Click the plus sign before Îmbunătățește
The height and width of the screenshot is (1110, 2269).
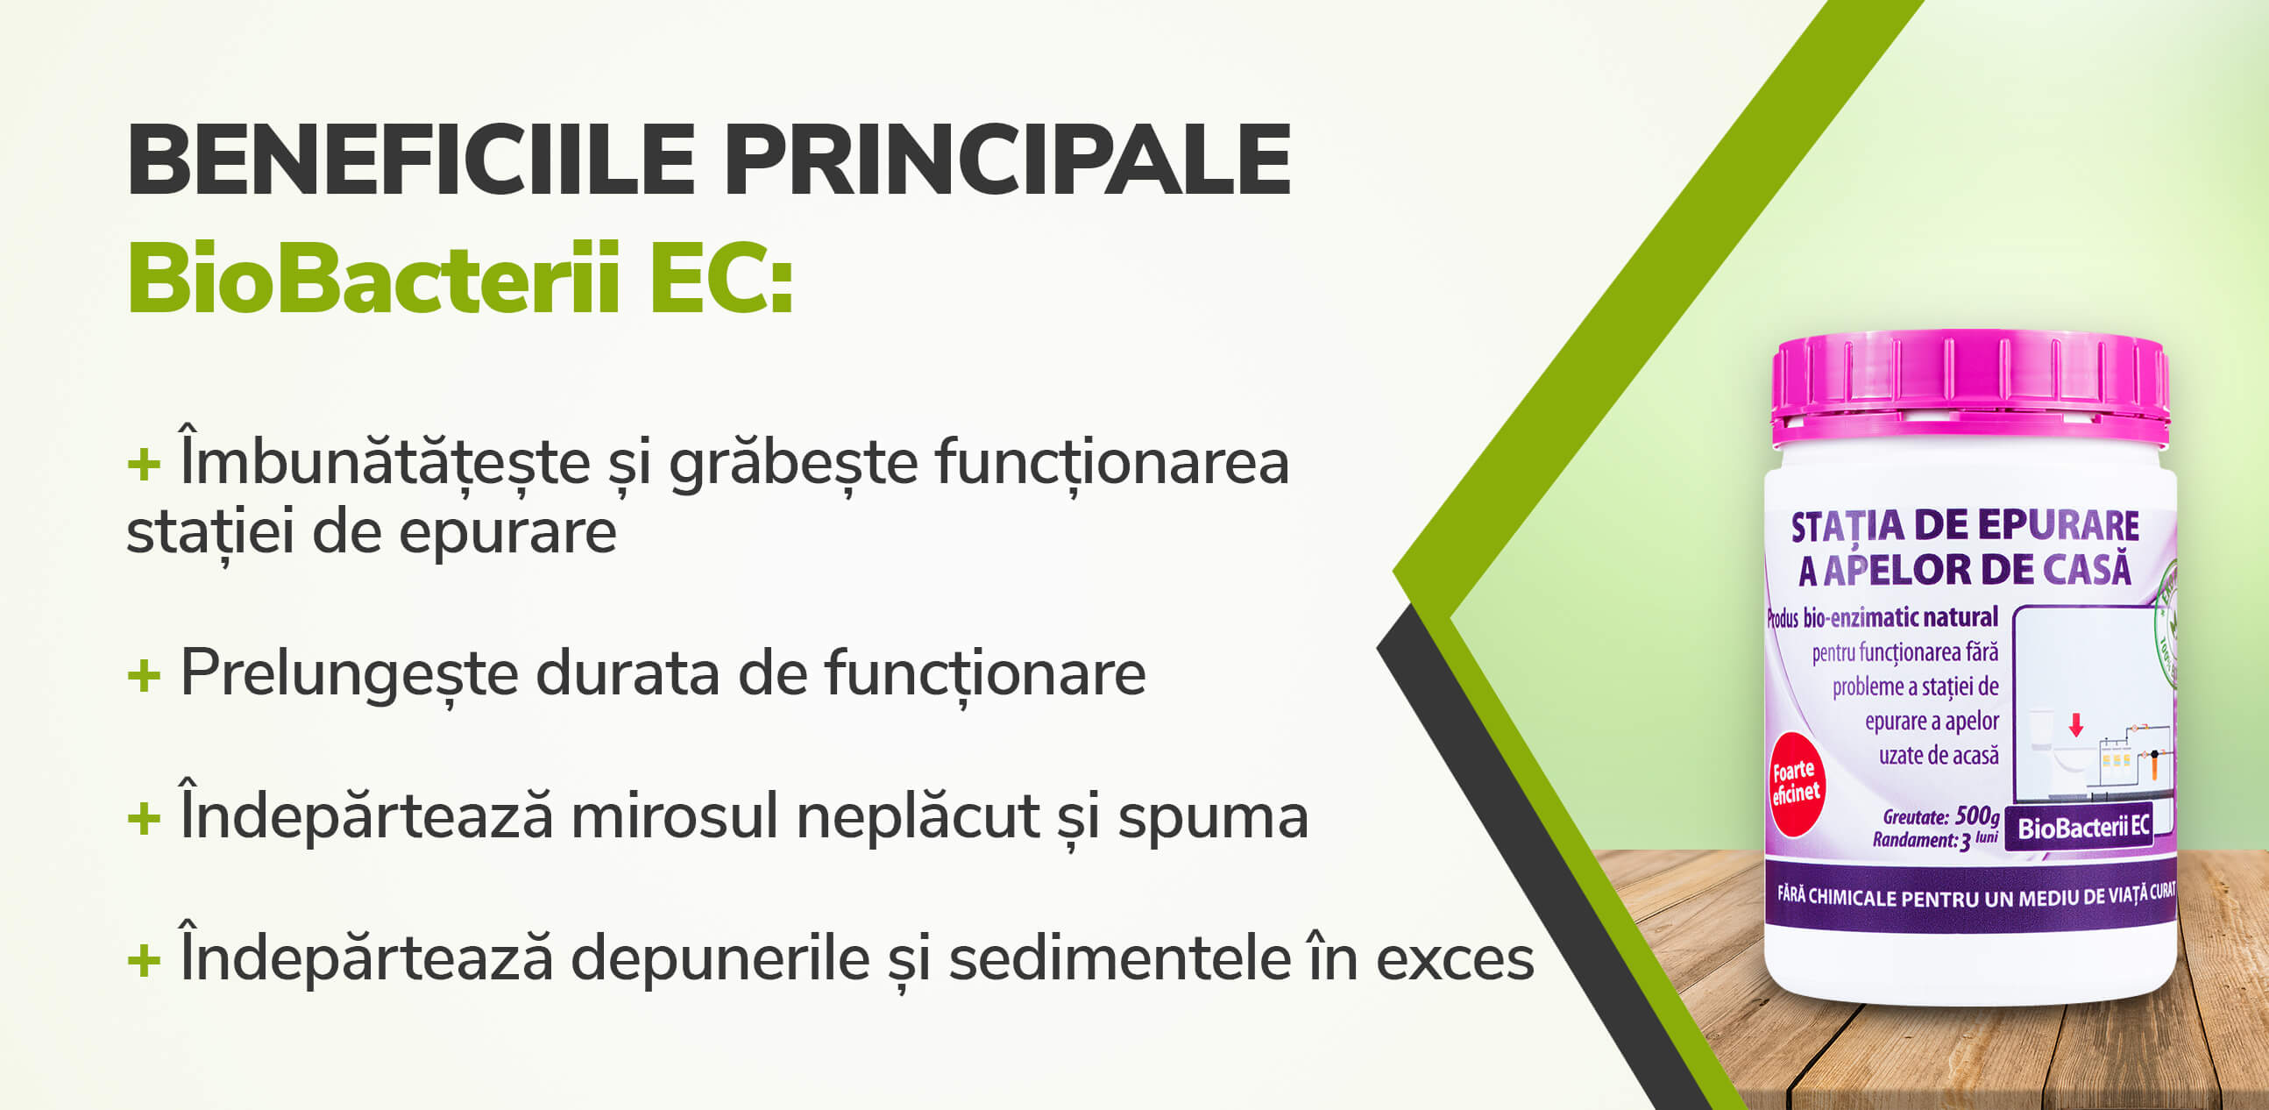(x=144, y=464)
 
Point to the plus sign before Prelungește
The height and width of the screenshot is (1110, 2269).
(x=144, y=676)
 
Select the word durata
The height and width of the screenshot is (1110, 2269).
(x=628, y=674)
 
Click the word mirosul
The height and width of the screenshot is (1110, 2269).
(x=675, y=816)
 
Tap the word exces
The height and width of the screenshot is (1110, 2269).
(x=1455, y=959)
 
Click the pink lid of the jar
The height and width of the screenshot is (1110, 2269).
(x=1969, y=384)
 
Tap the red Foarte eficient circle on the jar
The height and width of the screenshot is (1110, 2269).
(x=1796, y=783)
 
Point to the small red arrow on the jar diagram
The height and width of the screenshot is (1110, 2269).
(x=2076, y=725)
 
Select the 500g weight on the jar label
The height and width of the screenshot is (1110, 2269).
(x=1976, y=815)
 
